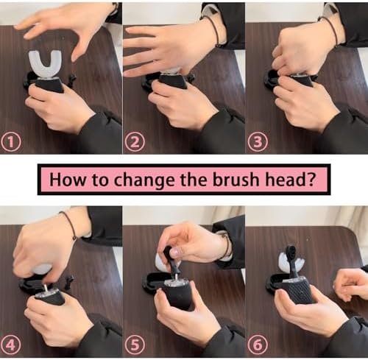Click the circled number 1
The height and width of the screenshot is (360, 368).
[11, 143]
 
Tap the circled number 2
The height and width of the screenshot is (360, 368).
[135, 143]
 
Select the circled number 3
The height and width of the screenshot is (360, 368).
[258, 143]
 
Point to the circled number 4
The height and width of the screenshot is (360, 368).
[11, 345]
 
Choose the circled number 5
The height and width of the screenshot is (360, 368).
[135, 345]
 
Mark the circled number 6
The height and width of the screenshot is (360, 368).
[258, 345]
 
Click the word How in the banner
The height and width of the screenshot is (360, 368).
[68, 180]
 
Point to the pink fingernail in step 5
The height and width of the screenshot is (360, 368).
[174, 253]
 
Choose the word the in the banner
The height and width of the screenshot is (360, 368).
[194, 180]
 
